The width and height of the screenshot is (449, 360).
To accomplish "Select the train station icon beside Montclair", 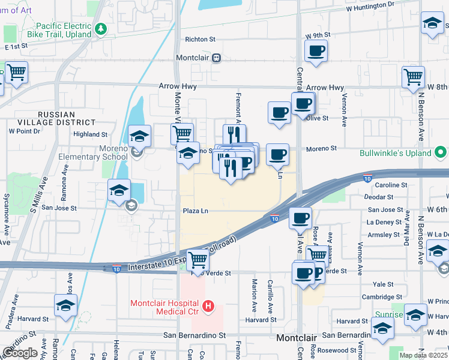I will (215, 58).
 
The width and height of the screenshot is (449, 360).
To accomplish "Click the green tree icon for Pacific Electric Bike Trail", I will (101, 28).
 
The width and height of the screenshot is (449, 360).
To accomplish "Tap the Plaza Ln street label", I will (196, 211).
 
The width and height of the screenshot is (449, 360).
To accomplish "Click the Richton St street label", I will (200, 40).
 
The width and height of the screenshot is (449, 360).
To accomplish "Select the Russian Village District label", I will (65, 118).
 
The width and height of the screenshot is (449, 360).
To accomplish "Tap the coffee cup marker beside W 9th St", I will (316, 50).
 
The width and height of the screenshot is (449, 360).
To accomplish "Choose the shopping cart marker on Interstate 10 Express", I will (197, 259).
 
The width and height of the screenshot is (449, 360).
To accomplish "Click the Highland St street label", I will (90, 134).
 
